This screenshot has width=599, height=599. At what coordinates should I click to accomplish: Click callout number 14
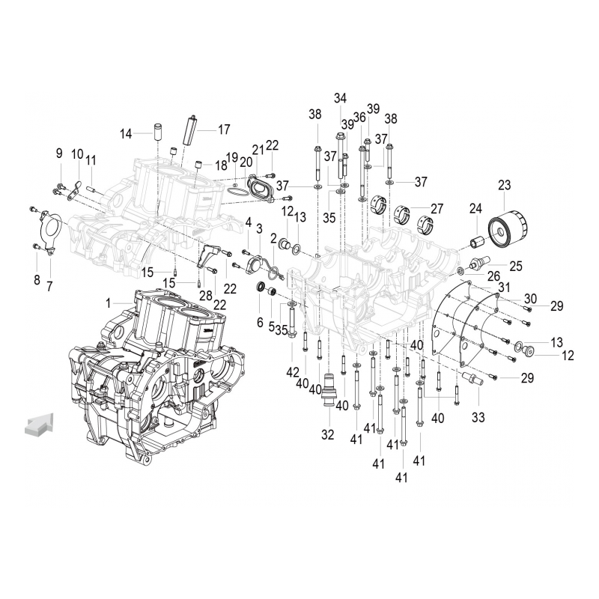click(125, 133)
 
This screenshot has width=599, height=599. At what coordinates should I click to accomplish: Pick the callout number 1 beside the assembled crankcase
click(109, 302)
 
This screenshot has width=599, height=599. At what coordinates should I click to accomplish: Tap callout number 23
click(503, 185)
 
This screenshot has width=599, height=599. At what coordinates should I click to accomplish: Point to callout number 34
click(341, 98)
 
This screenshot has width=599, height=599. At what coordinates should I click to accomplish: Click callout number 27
click(437, 208)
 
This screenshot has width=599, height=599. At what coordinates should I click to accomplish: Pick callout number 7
click(49, 286)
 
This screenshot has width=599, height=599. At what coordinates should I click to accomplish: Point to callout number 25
click(516, 265)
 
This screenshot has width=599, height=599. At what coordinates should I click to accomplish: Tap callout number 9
click(59, 153)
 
